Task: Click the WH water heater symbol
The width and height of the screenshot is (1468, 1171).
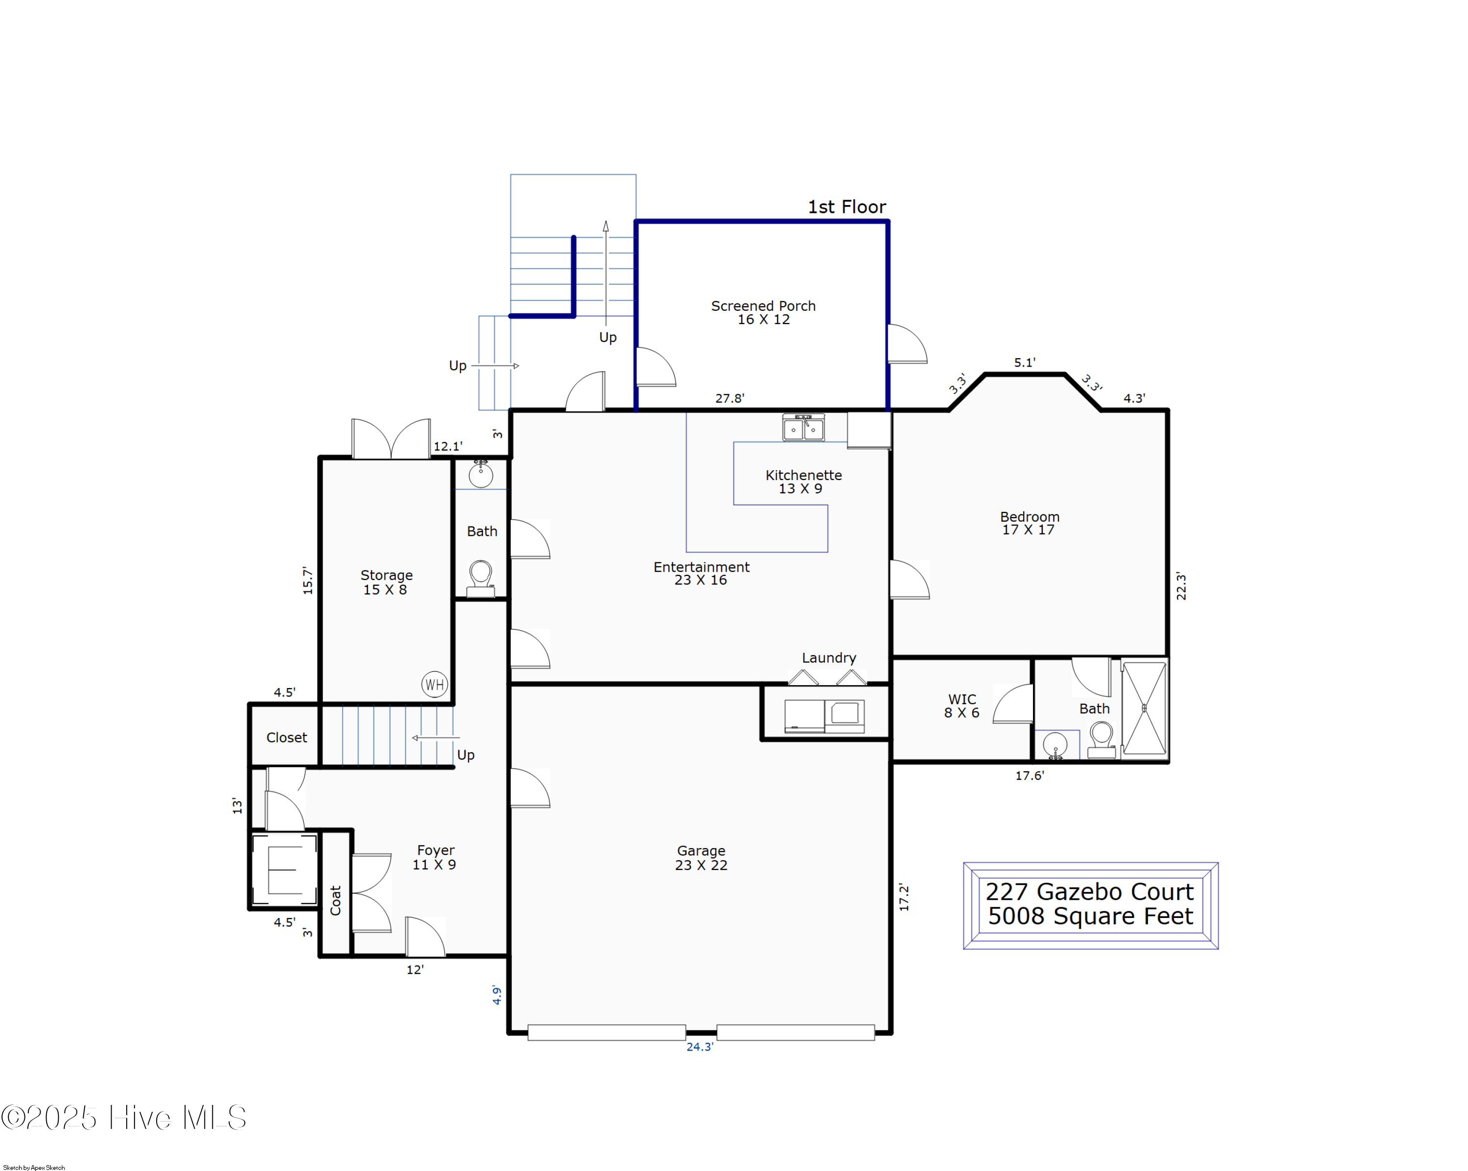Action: click(x=435, y=684)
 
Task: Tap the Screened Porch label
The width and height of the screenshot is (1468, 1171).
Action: click(x=763, y=313)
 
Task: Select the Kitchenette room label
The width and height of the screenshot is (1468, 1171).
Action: click(x=803, y=482)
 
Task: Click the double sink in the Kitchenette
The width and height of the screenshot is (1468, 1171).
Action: click(x=803, y=428)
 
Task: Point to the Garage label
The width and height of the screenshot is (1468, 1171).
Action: click(x=701, y=858)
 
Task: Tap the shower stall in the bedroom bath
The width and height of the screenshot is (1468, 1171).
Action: click(x=1144, y=708)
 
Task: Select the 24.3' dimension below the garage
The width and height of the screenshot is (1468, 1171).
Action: click(x=700, y=1046)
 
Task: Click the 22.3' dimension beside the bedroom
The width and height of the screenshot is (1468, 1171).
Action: click(x=1181, y=586)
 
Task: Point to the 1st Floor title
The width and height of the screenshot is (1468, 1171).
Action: click(x=847, y=207)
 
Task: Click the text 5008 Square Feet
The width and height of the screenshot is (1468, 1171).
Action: click(x=1091, y=917)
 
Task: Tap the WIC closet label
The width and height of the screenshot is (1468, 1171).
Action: click(x=962, y=706)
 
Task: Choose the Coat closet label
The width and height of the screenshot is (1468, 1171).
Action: click(x=336, y=900)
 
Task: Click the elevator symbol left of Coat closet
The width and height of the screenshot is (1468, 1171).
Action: click(x=285, y=870)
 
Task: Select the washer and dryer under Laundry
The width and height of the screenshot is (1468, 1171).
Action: click(x=825, y=716)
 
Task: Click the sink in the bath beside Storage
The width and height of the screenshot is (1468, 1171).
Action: click(x=481, y=475)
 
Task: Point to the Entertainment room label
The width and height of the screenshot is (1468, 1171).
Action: click(x=701, y=573)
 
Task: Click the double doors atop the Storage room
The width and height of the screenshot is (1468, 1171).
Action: click(x=391, y=438)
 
